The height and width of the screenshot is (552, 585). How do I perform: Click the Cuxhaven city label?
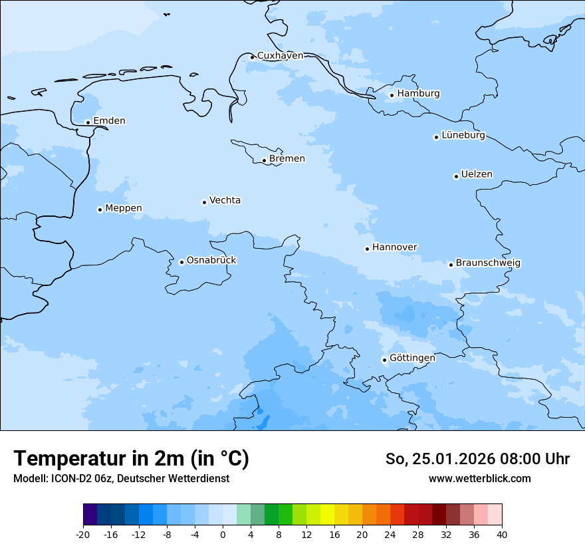click(x=280, y=56)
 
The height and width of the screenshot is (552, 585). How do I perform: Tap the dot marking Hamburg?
click(x=392, y=95)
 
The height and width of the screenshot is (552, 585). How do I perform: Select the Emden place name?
click(x=109, y=121)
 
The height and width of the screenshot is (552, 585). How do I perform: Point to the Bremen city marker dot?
click(x=264, y=160)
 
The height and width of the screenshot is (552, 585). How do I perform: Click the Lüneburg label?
click(x=463, y=136)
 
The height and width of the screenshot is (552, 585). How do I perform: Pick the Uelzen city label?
click(x=477, y=175)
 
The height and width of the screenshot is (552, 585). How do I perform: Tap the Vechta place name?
click(x=225, y=200)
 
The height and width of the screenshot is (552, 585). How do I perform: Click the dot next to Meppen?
click(x=100, y=209)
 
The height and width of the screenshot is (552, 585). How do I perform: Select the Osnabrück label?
click(x=211, y=261)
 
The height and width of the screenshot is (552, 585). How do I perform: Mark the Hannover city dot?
click(x=367, y=249)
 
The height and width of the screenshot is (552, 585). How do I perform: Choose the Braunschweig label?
click(x=488, y=263)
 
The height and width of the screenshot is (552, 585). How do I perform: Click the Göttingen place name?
click(x=412, y=358)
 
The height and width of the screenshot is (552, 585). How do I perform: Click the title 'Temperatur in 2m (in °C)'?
click(x=131, y=458)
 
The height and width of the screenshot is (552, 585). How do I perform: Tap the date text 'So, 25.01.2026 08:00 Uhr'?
click(x=477, y=459)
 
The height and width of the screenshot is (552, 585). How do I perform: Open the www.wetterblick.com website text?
click(x=479, y=479)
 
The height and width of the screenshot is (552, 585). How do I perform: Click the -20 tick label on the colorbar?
click(x=83, y=535)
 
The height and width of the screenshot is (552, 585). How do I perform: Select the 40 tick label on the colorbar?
click(x=502, y=535)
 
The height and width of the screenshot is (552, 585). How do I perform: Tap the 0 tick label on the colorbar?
click(x=223, y=535)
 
